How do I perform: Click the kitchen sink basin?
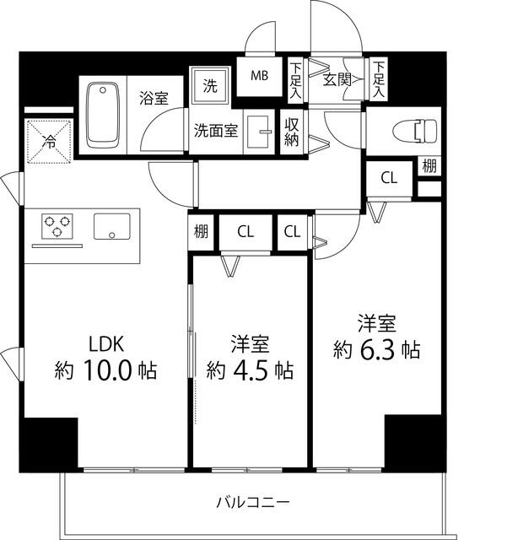[x=111, y=226]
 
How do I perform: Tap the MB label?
[x=259, y=75]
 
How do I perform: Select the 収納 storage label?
[x=292, y=132]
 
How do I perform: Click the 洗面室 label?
[x=217, y=131]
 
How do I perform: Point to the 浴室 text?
[x=154, y=98]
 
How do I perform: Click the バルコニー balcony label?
[x=252, y=503]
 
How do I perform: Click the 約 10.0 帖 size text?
[x=106, y=370]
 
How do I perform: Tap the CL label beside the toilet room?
[x=388, y=177]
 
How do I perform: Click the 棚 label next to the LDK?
[x=202, y=231]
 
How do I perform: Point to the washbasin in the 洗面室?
[x=262, y=132]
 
